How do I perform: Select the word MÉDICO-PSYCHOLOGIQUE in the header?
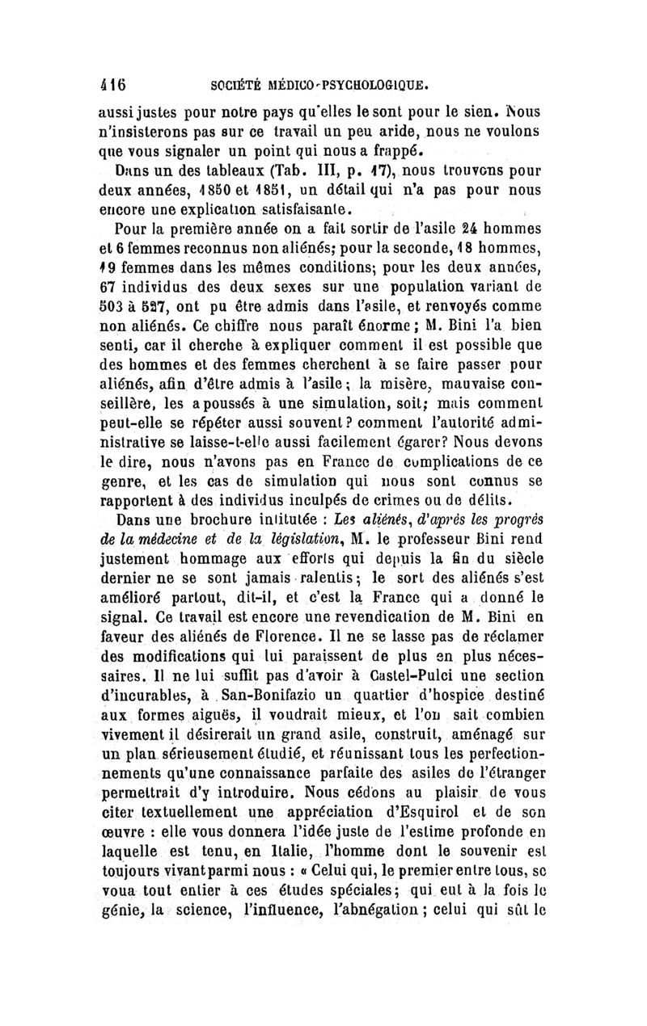click(x=353, y=83)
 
